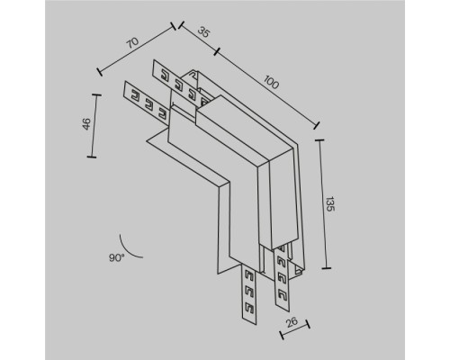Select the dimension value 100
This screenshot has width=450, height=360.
point(270,83)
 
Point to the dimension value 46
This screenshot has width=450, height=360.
point(85,125)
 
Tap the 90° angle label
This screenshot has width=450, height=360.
point(116,258)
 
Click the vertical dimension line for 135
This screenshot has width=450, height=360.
point(319,202)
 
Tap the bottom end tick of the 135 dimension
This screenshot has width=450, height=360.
point(319,268)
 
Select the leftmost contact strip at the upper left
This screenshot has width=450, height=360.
point(144,99)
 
